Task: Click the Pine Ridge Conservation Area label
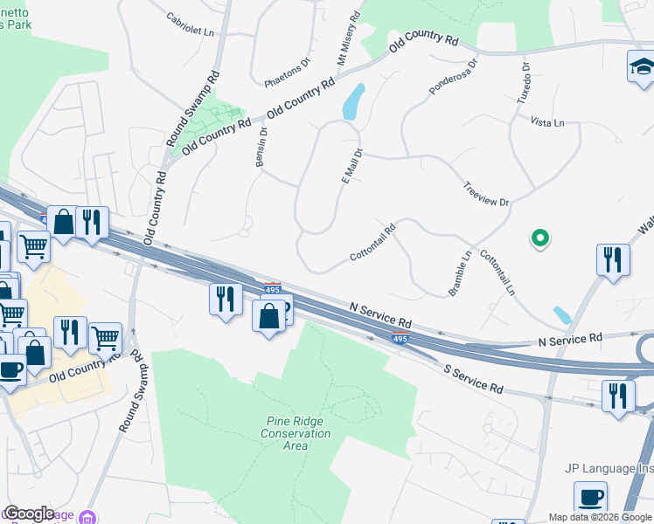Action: tap(297, 433)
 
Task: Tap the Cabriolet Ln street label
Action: tap(190, 24)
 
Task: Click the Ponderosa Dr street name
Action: tap(454, 77)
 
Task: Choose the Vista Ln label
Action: tap(546, 123)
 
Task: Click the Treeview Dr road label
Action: tap(486, 195)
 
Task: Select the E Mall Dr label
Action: tap(351, 164)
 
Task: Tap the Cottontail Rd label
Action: tap(373, 244)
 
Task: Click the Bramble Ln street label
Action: tap(461, 273)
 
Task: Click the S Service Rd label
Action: tap(473, 378)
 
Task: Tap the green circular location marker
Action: tap(540, 237)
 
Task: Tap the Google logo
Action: tap(29, 514)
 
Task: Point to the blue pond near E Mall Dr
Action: tap(354, 102)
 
